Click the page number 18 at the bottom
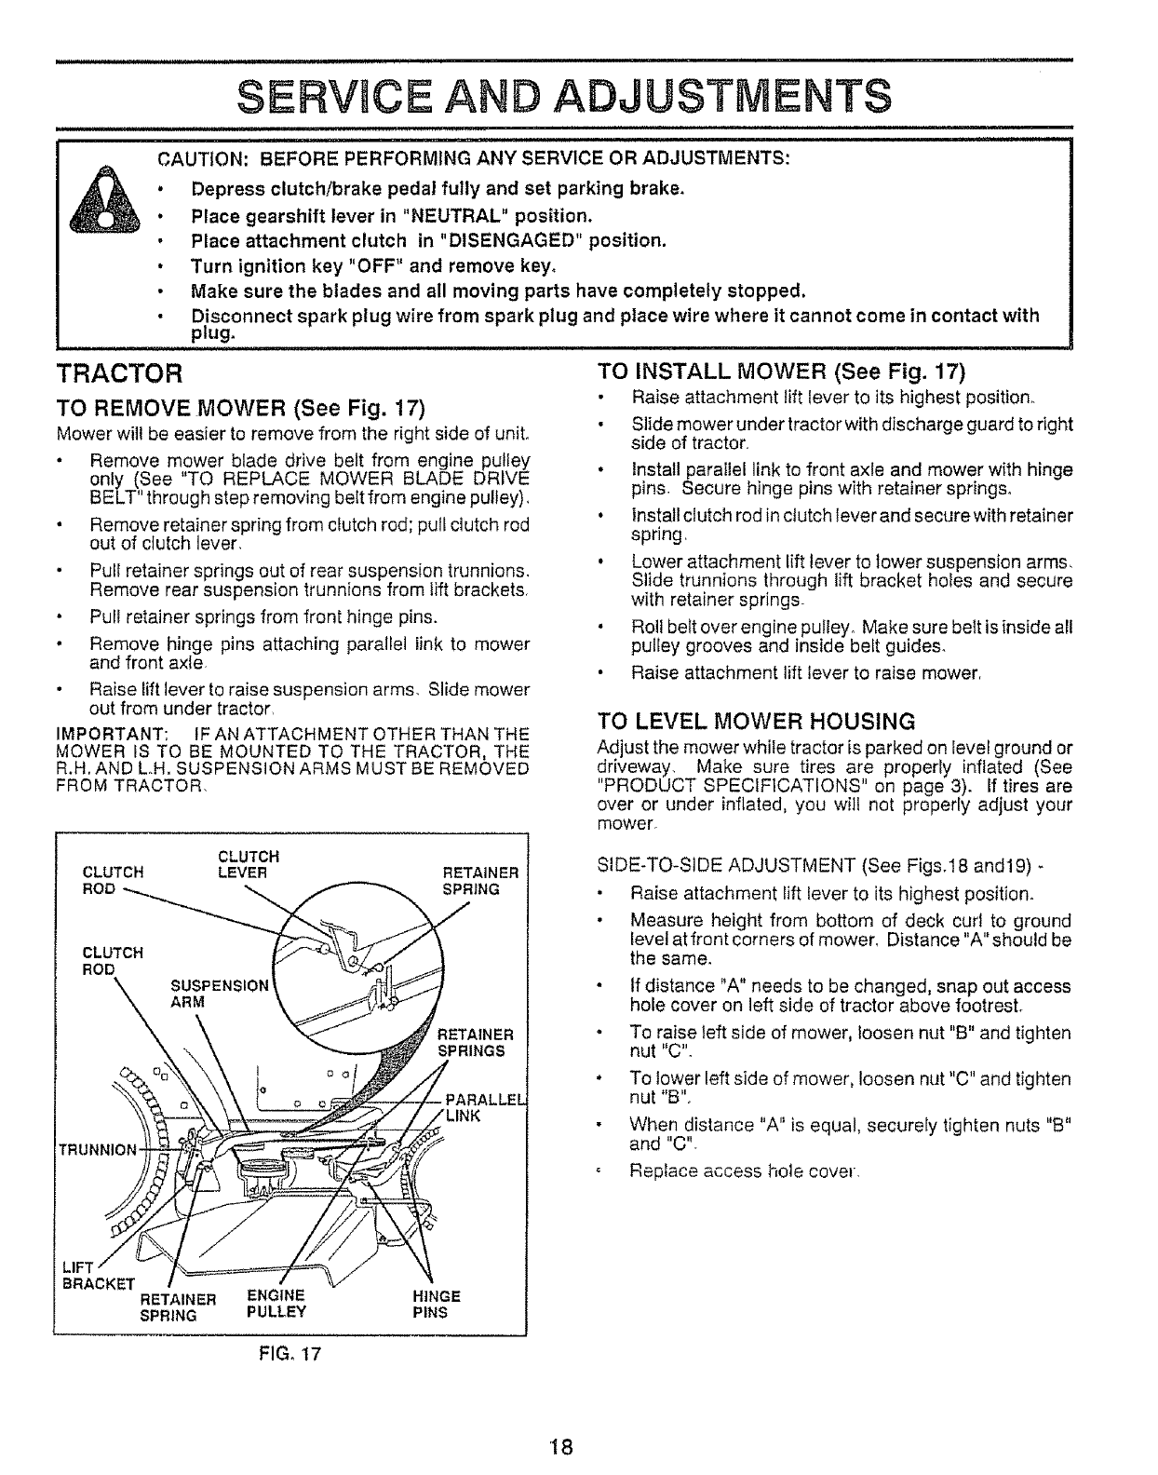coord(560,1447)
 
